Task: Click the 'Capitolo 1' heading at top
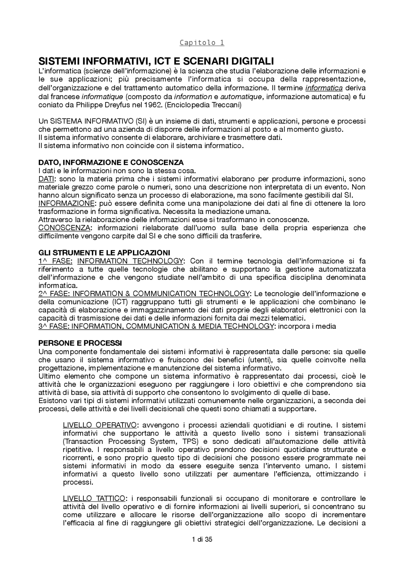pos(202,43)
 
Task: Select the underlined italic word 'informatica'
pos(324,88)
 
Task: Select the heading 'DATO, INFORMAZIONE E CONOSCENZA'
pos(111,163)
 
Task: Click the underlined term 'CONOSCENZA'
pos(64,228)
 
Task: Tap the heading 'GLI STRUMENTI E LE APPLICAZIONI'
pos(104,253)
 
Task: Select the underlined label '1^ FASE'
pos(55,261)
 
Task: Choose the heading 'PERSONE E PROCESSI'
pos(80,343)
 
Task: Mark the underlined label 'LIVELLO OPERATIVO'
pos(100,425)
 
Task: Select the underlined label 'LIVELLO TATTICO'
pos(94,499)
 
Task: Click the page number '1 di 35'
pos(202,539)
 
